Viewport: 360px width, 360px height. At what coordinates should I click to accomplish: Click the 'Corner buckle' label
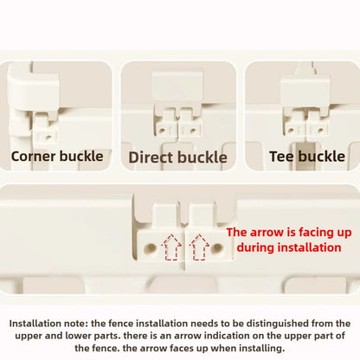tap(57, 157)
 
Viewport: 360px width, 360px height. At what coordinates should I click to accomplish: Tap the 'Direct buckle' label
tap(177, 157)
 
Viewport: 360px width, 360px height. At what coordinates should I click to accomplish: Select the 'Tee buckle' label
tap(307, 157)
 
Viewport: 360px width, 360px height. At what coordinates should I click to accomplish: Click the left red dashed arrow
tap(171, 247)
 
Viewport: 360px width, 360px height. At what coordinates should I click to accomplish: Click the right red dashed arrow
tap(199, 247)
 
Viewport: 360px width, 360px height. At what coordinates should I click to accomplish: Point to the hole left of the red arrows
tap(151, 247)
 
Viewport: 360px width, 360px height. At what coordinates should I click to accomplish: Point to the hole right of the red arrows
tap(217, 247)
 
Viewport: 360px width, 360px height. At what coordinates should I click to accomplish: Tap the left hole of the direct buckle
tap(163, 131)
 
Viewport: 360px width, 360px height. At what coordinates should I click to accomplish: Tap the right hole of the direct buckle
tap(192, 131)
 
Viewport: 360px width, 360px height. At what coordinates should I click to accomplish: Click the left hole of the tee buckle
tap(291, 130)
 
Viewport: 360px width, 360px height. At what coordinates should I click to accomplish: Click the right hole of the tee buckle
tap(319, 130)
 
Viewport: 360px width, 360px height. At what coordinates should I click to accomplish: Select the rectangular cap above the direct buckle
tap(177, 87)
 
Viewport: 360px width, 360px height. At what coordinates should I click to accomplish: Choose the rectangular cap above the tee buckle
tap(305, 91)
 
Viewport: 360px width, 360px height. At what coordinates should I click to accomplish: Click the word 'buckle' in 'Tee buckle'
tap(322, 157)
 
